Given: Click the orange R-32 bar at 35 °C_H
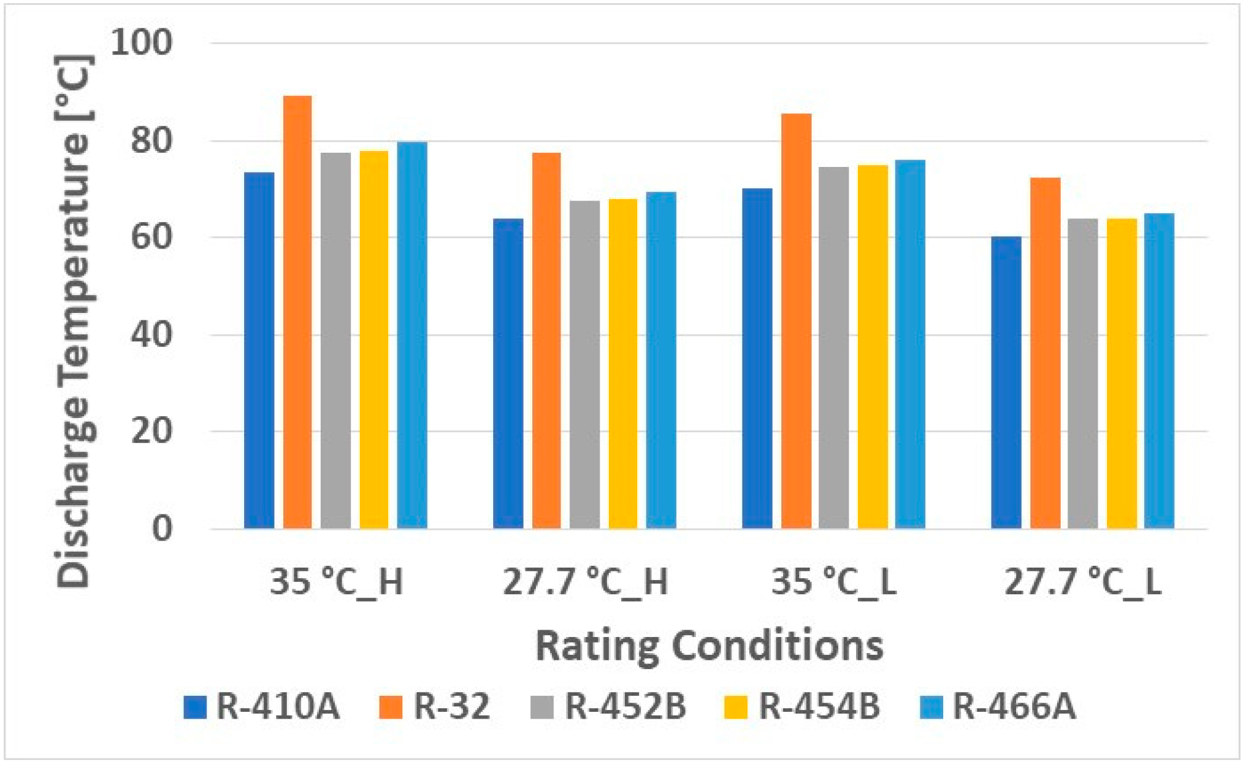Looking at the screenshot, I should coord(297,312).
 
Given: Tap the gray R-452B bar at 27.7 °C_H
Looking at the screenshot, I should coord(584,365).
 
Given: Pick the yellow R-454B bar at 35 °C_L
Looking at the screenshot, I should coord(872,347).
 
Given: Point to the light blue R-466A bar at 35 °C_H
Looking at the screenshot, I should coord(412,335).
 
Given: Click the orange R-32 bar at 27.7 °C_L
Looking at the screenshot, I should coord(1045,353).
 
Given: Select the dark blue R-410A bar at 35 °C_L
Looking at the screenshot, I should coord(757,359).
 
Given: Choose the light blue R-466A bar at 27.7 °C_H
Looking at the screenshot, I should coord(661,360).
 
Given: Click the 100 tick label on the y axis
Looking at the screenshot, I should coord(142,43).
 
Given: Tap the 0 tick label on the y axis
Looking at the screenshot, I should coord(162,529).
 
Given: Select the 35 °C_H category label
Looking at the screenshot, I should coord(336,582).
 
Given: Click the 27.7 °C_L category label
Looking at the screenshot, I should coord(1082,582).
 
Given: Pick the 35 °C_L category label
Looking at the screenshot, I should coord(834,582).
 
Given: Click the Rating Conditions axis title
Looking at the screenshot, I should coord(709,646).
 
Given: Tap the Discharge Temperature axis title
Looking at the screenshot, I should coord(74,322).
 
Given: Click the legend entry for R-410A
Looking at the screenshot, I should coord(262,706).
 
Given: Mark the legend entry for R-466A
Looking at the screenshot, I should coord(997,706).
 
